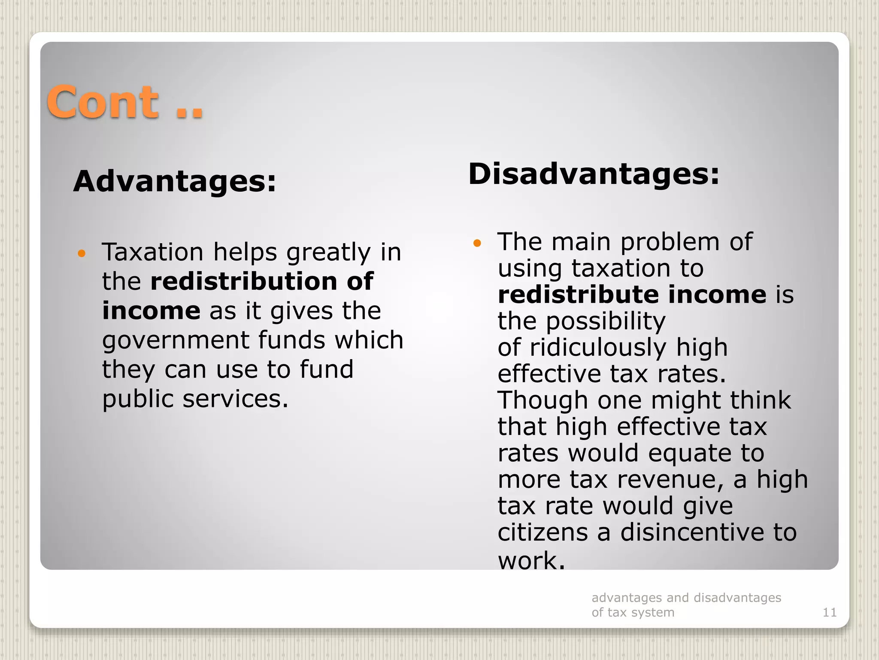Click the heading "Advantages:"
click(175, 181)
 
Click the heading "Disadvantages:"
click(594, 174)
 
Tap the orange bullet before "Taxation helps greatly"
click(82, 253)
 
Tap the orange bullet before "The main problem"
click(477, 243)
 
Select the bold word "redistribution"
click(244, 281)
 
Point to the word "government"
click(176, 340)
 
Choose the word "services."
click(236, 399)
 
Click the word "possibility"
click(606, 321)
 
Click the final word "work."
click(531, 560)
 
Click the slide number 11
click(829, 612)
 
